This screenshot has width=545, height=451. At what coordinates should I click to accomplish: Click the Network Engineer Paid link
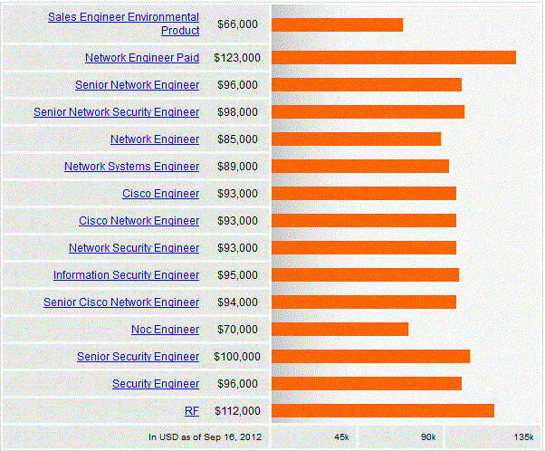point(142,58)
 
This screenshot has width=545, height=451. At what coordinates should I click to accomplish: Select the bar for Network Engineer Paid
point(394,58)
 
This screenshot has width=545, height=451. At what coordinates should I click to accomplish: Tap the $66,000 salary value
point(237,24)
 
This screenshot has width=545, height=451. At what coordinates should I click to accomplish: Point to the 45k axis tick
point(341,437)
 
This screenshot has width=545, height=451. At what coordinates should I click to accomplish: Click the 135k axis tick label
point(523,437)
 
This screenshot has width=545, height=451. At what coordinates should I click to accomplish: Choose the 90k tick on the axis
point(428,437)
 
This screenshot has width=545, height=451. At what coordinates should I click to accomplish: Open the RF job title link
point(192,411)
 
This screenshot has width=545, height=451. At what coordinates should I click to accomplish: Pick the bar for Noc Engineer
point(339,330)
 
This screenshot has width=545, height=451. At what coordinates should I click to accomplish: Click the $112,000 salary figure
point(237,411)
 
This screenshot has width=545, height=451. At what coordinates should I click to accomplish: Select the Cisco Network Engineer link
point(139,221)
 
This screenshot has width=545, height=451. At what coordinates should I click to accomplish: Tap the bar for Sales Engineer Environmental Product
point(337,24)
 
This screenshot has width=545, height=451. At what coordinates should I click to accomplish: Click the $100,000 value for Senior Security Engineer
point(237,357)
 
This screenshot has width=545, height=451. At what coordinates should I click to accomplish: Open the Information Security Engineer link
point(126,275)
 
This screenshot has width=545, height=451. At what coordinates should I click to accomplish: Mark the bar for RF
point(383,411)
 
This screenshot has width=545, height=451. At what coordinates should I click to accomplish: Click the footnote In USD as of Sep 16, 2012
point(205,437)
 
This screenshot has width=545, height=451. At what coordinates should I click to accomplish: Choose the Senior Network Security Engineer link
point(116,112)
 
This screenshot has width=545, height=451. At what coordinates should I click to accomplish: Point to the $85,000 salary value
point(237,139)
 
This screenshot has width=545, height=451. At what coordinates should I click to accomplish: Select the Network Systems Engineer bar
point(360,167)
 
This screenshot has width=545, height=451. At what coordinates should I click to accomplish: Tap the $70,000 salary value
point(237,330)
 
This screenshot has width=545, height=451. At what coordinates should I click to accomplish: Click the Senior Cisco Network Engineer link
point(121,302)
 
